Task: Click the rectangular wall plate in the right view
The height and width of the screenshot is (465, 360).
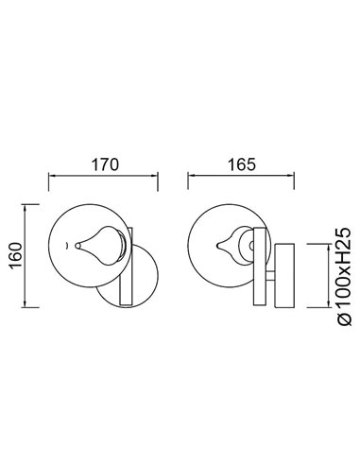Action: point(287,274)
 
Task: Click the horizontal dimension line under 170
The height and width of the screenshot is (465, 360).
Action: point(104,177)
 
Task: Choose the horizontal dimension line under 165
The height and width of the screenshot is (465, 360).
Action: point(243,177)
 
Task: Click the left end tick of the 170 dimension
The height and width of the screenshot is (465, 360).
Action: point(49,177)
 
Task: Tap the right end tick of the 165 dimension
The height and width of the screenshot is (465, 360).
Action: point(297,177)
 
